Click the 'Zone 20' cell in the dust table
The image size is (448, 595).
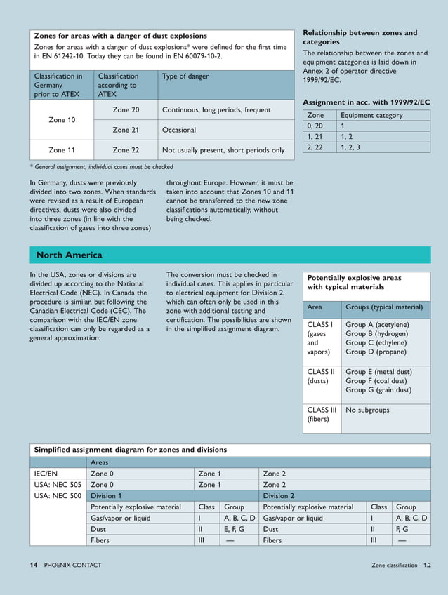(x=126, y=109)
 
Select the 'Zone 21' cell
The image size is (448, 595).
(x=126, y=130)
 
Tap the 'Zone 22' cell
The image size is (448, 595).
(x=126, y=149)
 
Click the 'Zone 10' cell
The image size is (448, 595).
(x=62, y=120)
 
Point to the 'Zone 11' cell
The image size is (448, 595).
(x=62, y=149)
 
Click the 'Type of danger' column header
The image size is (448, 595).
(x=185, y=76)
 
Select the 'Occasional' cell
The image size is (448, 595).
(x=179, y=130)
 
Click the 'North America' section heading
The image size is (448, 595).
(x=69, y=255)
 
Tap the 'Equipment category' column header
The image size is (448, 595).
(x=371, y=115)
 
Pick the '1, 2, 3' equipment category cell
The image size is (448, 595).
(x=351, y=147)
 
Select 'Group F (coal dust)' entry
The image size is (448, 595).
(x=378, y=381)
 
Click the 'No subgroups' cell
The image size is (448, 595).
(x=367, y=410)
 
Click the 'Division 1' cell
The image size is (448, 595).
(x=106, y=495)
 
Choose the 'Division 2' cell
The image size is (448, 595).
(x=278, y=495)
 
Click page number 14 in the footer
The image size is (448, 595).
(x=33, y=565)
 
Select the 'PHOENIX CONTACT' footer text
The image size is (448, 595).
(x=72, y=565)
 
